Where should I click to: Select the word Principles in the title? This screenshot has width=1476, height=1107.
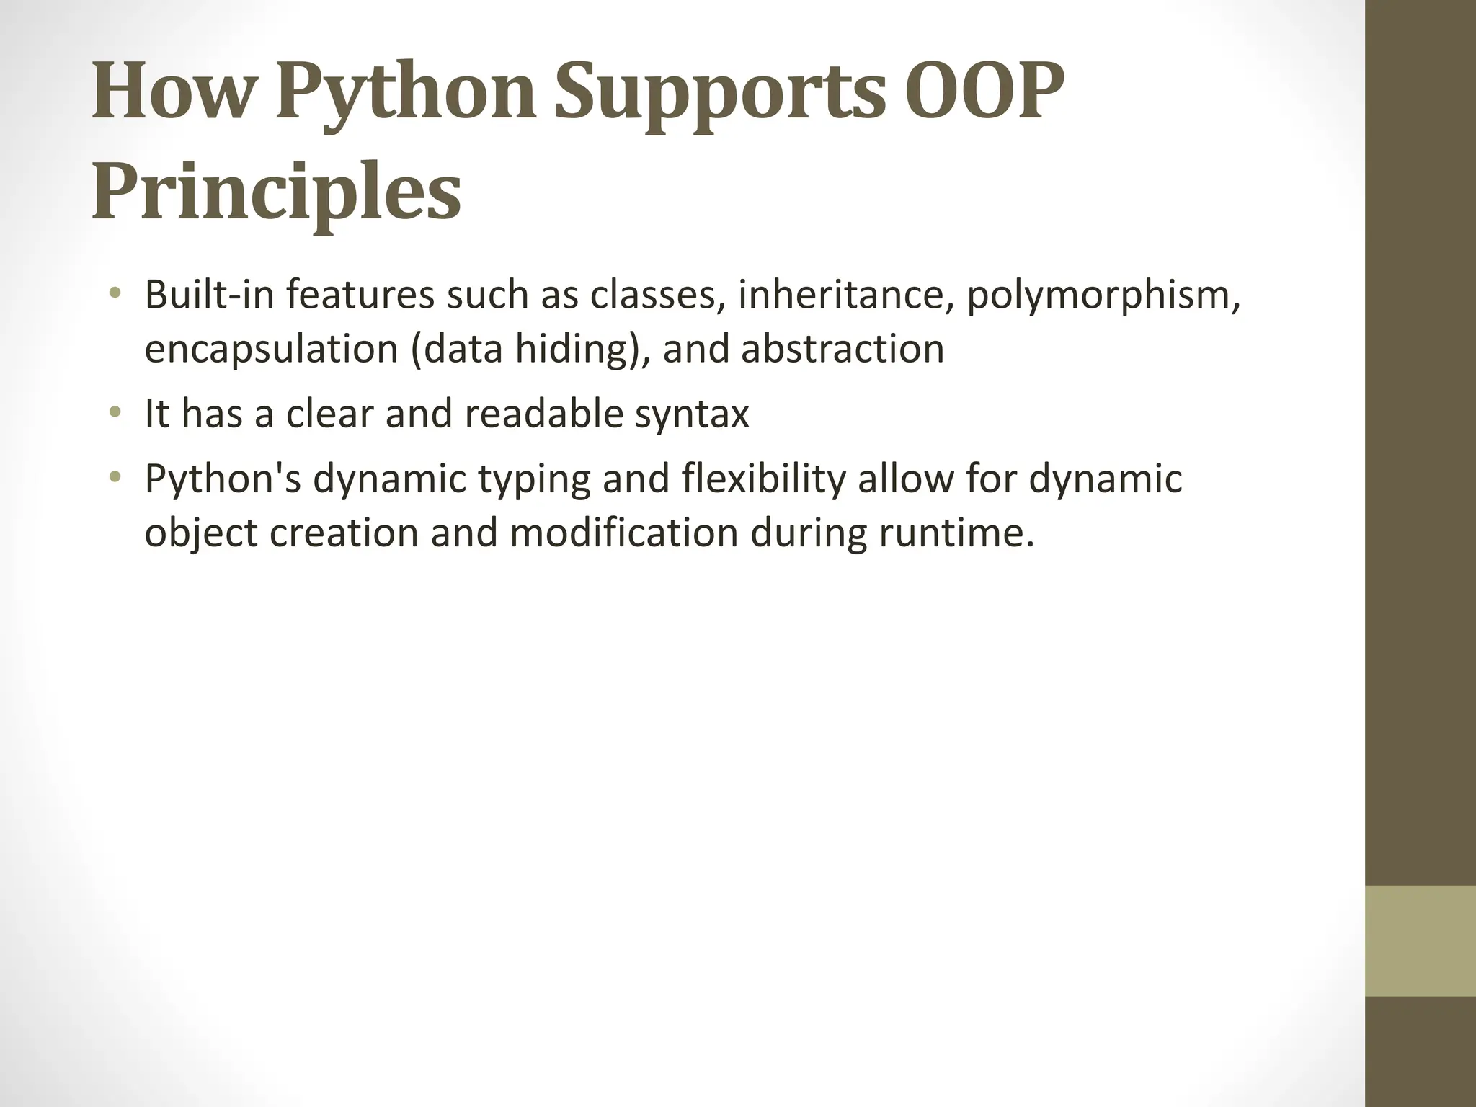(x=276, y=193)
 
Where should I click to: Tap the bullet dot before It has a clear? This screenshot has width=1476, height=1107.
(x=114, y=413)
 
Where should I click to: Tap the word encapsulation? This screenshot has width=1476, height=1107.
(x=271, y=350)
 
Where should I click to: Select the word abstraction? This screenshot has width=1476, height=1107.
(x=842, y=350)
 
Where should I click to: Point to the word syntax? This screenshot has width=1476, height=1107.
(x=692, y=414)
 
